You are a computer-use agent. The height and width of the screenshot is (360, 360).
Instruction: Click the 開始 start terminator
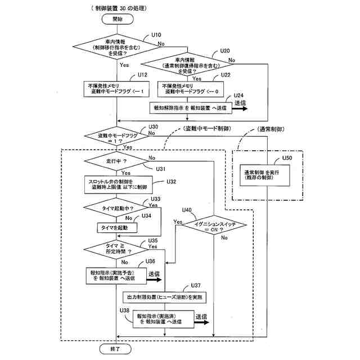[x=116, y=19]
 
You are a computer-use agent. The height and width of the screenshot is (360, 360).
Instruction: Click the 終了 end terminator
[x=116, y=349]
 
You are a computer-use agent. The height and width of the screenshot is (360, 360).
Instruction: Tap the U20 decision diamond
[x=187, y=65]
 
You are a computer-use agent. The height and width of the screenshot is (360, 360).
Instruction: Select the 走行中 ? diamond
[x=116, y=161]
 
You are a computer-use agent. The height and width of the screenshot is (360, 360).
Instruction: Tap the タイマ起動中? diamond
[x=116, y=208]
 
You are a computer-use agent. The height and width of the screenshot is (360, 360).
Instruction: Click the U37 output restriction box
[x=164, y=296]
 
